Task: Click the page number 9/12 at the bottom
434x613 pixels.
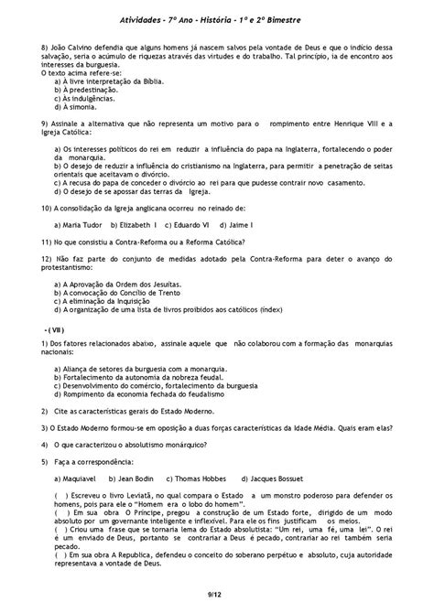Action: (x=217, y=596)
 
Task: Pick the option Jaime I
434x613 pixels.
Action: (x=244, y=224)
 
